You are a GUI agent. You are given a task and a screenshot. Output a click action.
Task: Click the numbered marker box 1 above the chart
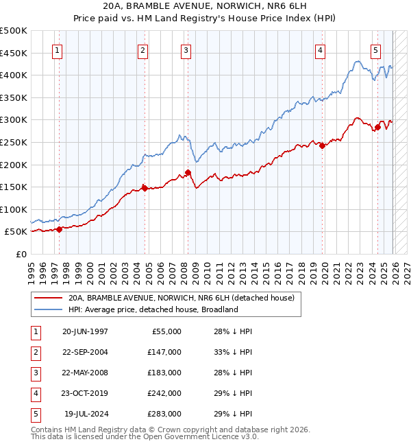57,50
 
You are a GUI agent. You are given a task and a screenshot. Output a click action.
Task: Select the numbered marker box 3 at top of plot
186,50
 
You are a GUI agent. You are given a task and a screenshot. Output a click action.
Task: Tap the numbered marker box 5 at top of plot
376,50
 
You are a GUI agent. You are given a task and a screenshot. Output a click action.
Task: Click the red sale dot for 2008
188,172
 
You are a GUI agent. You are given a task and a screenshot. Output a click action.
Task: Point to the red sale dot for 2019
322,145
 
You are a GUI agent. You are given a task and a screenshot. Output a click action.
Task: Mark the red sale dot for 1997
60,229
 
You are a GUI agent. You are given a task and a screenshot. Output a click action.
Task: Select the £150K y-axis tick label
14,187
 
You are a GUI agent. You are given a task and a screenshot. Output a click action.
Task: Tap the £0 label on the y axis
21,254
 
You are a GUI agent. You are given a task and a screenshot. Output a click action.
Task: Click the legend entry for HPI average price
152,309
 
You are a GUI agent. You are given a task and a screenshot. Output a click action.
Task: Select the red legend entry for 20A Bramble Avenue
181,298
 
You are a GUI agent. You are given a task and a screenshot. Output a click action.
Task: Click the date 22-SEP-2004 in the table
85,352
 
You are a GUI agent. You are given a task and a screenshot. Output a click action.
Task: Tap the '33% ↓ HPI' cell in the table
233,352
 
